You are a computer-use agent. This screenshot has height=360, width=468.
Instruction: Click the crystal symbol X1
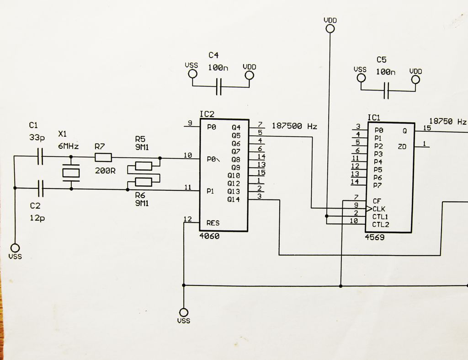[71, 172]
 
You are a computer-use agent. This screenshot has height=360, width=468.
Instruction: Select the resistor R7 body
[103, 158]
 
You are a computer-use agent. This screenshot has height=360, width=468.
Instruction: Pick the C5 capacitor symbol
[387, 90]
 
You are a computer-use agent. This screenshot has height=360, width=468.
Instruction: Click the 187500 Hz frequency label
[294, 126]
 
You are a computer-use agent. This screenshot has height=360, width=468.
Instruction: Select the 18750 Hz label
[448, 122]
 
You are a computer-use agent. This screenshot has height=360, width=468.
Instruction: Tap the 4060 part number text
[210, 236]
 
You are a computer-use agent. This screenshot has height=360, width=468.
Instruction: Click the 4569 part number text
[375, 237]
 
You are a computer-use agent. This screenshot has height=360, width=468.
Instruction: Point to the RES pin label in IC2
[213, 223]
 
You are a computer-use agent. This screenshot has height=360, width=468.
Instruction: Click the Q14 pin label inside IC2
[234, 199]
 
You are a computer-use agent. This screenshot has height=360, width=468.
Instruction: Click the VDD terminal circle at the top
[330, 29]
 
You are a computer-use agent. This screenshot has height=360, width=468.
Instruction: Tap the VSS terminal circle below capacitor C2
[15, 247]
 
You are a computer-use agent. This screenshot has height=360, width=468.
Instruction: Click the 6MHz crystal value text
[69, 146]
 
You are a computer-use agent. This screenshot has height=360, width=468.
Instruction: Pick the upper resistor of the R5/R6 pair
[144, 166]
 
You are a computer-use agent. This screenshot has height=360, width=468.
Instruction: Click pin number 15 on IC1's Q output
[427, 128]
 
